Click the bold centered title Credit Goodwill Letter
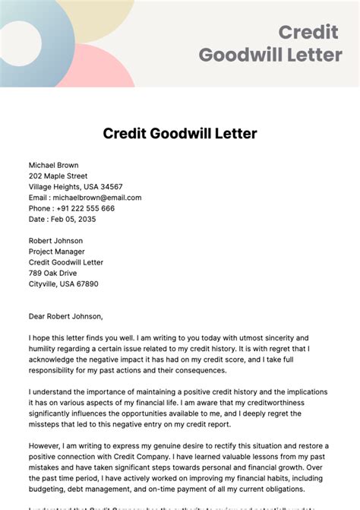coord(180,134)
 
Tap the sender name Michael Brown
coord(53,165)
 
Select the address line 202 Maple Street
coord(63,176)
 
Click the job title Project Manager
coord(57,252)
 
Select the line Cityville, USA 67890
coord(63,284)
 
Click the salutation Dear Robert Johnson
coord(65,316)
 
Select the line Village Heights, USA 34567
coord(75,186)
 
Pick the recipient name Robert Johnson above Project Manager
coord(56,241)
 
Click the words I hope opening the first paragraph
coord(39,337)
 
